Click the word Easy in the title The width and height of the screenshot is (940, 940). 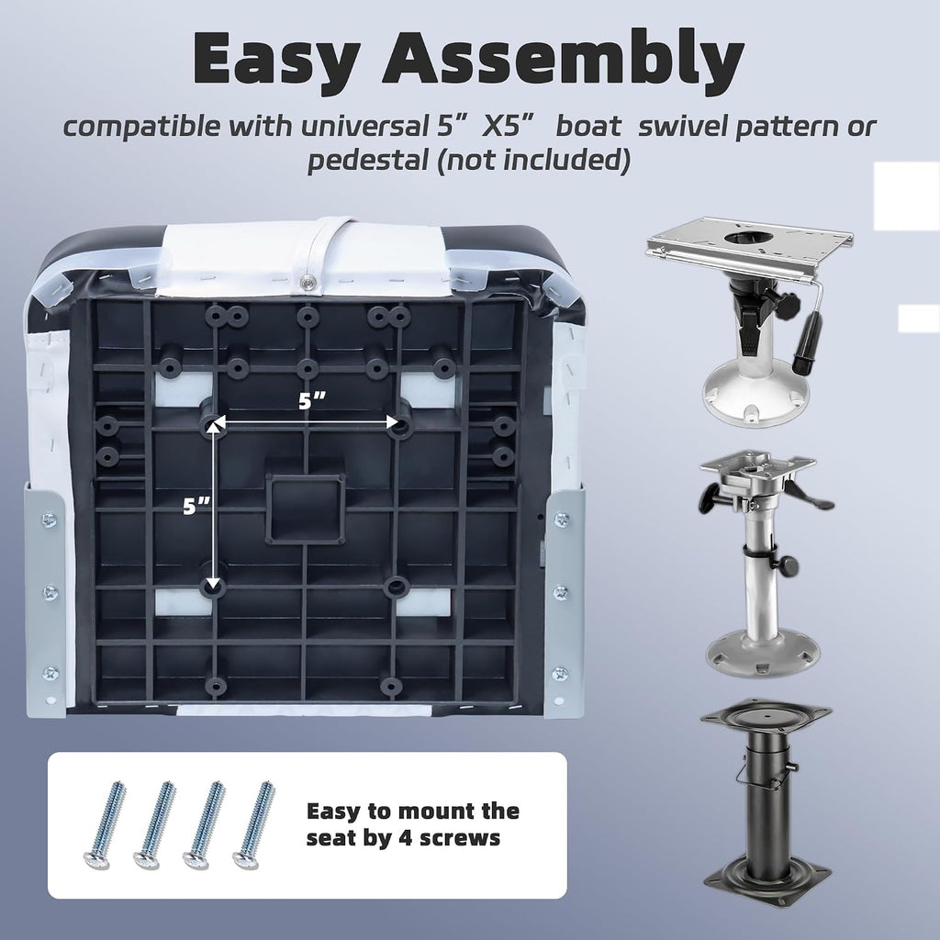tap(276, 60)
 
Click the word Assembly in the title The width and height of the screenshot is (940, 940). tap(563, 58)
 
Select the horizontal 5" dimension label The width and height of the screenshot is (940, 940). tap(312, 400)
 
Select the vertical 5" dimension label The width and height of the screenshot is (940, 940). tap(197, 507)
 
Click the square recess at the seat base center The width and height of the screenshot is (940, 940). tap(306, 509)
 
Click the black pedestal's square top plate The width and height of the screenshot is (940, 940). tap(766, 720)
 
